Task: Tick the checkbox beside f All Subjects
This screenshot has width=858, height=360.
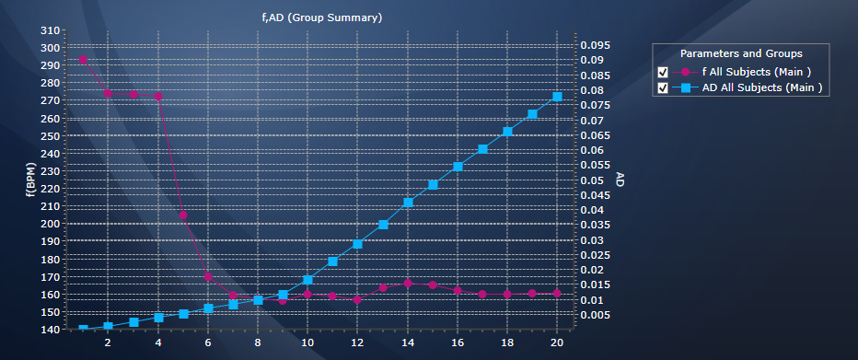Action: [663, 72]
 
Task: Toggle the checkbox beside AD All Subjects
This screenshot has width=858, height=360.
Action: [663, 88]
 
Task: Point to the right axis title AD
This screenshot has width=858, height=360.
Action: [620, 180]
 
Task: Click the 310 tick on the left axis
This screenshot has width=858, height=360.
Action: [51, 30]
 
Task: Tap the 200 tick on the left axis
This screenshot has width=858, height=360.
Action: [51, 224]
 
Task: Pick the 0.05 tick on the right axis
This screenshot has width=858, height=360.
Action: [599, 180]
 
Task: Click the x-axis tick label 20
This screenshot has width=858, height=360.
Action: [557, 343]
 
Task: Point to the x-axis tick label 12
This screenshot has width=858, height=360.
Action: [357, 343]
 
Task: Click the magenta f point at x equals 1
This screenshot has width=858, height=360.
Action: [83, 60]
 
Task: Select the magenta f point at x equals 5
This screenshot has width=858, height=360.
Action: [183, 215]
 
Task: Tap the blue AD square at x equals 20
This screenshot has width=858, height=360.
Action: [557, 97]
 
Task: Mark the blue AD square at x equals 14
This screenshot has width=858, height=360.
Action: [408, 203]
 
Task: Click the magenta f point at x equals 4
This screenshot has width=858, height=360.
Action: [158, 96]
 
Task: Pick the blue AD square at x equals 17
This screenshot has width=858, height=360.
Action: [482, 149]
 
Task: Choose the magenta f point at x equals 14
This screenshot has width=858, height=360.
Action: [408, 284]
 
